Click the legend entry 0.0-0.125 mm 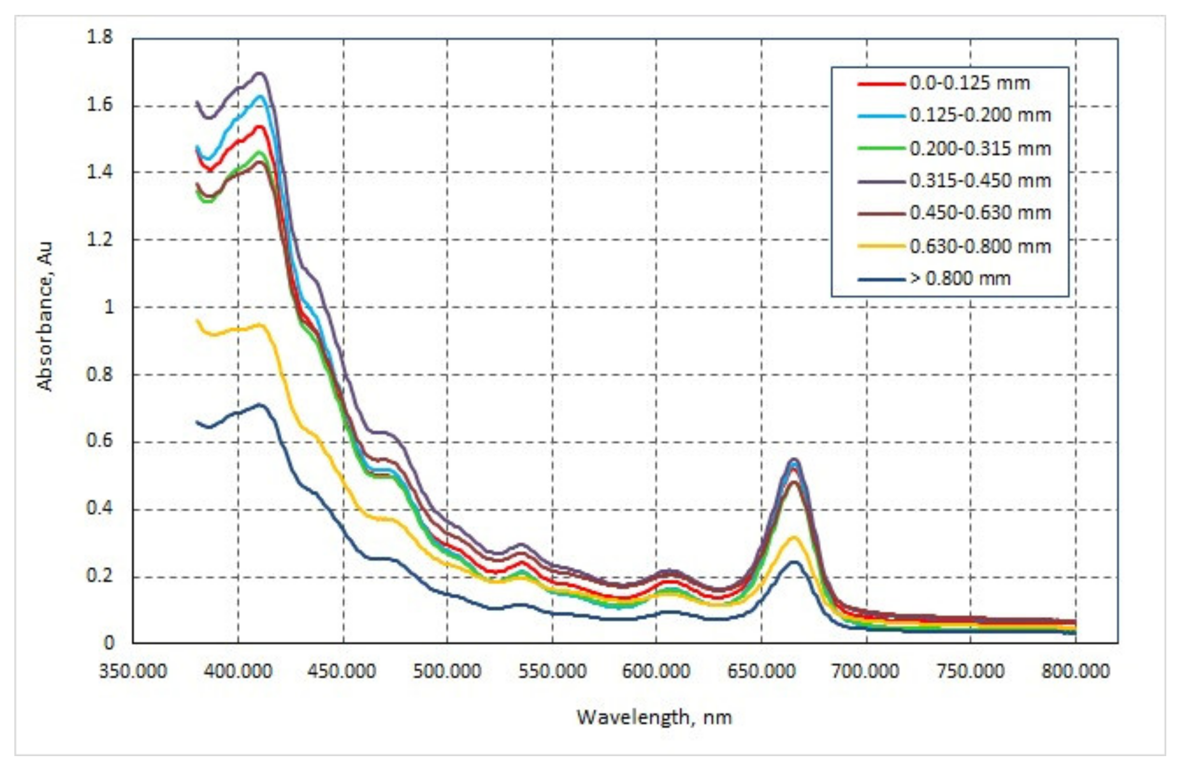click(x=969, y=83)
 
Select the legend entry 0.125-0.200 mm click(x=979, y=115)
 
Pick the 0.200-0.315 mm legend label click(x=979, y=148)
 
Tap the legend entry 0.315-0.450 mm click(x=979, y=181)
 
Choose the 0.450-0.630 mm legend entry click(x=979, y=213)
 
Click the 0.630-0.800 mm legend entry click(x=979, y=246)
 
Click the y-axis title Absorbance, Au click(x=45, y=317)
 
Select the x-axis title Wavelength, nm click(x=654, y=717)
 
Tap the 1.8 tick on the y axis click(x=100, y=37)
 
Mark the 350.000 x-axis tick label click(x=133, y=671)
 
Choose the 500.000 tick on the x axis click(x=447, y=671)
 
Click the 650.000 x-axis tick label click(x=761, y=671)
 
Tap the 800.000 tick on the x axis click(x=1076, y=671)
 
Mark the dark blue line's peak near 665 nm click(x=795, y=562)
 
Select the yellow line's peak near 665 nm click(x=794, y=537)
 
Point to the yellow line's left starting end click(x=197, y=320)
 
